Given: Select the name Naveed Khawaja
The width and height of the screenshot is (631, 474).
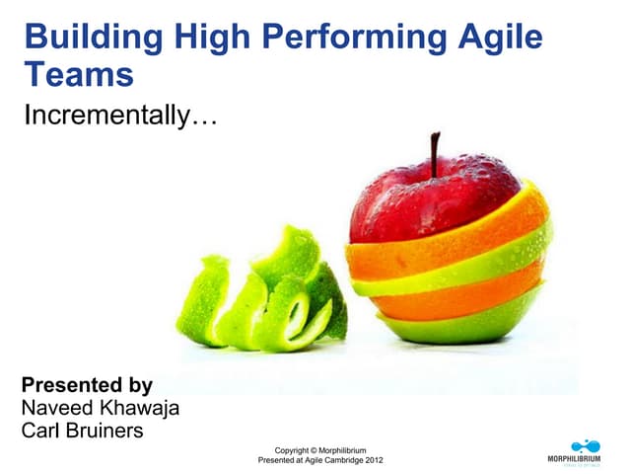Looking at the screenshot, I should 100,408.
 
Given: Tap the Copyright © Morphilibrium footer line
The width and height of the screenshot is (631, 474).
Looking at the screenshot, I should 320,450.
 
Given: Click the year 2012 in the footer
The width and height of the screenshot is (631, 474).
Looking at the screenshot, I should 373,461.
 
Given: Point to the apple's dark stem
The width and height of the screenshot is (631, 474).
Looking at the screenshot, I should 434,153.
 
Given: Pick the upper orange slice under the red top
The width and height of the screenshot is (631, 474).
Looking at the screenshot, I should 444,247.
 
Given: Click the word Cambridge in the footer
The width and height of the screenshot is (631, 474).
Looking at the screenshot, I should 338,461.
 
